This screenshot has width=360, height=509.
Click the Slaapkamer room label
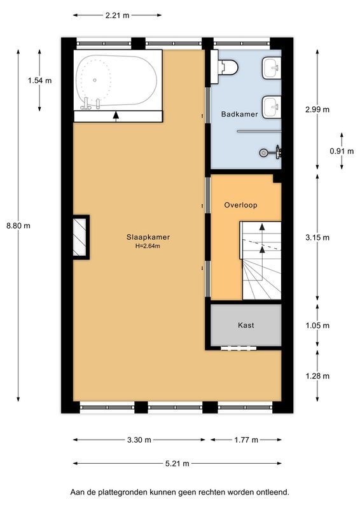pos(148,237)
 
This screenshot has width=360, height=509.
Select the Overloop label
pos(240,206)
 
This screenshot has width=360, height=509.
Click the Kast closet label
pos(246,325)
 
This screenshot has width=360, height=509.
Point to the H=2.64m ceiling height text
pos(148,246)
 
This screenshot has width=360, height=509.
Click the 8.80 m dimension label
pos(18,225)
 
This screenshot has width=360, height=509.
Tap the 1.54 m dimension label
pos(39,80)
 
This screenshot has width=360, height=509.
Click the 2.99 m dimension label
pos(317,109)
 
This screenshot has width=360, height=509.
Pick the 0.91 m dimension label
pos(338,151)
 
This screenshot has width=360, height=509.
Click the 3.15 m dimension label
pos(317,238)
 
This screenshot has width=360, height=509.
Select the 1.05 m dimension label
pos(317,326)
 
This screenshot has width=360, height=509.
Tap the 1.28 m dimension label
pos(317,376)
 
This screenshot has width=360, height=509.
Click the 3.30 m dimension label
pos(139,440)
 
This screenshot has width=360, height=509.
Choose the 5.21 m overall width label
pos(177,464)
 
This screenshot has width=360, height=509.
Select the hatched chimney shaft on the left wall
pos(80,237)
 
